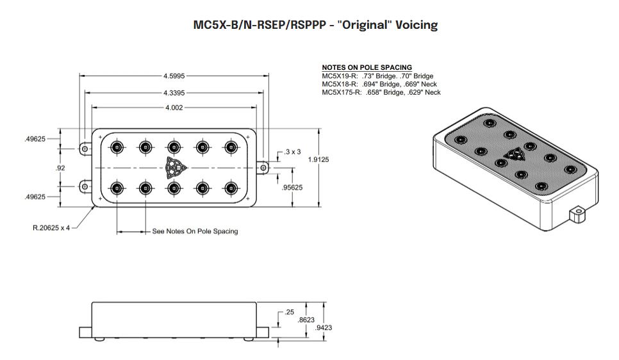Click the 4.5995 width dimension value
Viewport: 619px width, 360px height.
pos(174,76)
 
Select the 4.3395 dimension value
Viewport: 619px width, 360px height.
pos(174,93)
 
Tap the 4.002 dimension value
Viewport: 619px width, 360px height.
pos(174,107)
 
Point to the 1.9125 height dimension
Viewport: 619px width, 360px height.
pos(318,160)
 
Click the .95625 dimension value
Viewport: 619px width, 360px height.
pos(292,188)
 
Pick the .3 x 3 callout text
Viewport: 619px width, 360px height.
pos(292,152)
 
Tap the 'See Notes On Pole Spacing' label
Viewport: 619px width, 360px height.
pos(194,231)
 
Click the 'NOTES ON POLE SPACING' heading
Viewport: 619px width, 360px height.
pos(367,67)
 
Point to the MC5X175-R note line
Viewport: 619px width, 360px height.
pos(381,92)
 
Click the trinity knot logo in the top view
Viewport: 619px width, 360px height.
pos(174,167)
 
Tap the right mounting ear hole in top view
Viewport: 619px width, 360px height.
pos(263,167)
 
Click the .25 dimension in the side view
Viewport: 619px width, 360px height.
pos(288,312)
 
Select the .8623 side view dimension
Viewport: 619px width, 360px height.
pos(307,320)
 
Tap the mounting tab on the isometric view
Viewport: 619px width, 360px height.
pos(578,213)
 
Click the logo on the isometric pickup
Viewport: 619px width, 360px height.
pos(513,154)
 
